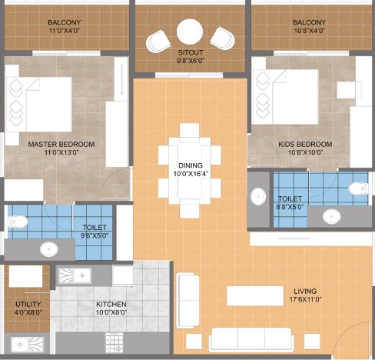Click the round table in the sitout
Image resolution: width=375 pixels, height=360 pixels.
190,32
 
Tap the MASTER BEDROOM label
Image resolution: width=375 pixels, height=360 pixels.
61,145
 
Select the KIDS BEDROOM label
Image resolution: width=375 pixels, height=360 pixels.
305,145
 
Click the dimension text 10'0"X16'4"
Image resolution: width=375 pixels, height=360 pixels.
191,174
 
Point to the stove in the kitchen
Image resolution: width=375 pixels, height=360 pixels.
114,342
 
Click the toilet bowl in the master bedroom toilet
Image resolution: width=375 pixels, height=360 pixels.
18,222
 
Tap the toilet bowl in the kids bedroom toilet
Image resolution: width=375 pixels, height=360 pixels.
358,188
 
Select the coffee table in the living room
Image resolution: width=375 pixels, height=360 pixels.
255,296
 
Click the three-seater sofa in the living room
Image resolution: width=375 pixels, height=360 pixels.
251,339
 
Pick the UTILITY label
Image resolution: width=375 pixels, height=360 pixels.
28,304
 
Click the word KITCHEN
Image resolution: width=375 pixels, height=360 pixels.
111,304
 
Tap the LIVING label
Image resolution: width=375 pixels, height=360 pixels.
305,292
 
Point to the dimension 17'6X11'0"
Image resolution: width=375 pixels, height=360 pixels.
305,299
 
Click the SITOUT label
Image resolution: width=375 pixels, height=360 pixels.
191,52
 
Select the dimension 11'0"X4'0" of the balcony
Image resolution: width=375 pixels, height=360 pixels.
65,31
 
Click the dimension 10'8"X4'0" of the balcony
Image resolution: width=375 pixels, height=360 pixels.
310,31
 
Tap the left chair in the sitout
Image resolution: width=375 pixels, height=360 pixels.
158,41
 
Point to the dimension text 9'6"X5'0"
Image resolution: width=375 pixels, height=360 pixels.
95,235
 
